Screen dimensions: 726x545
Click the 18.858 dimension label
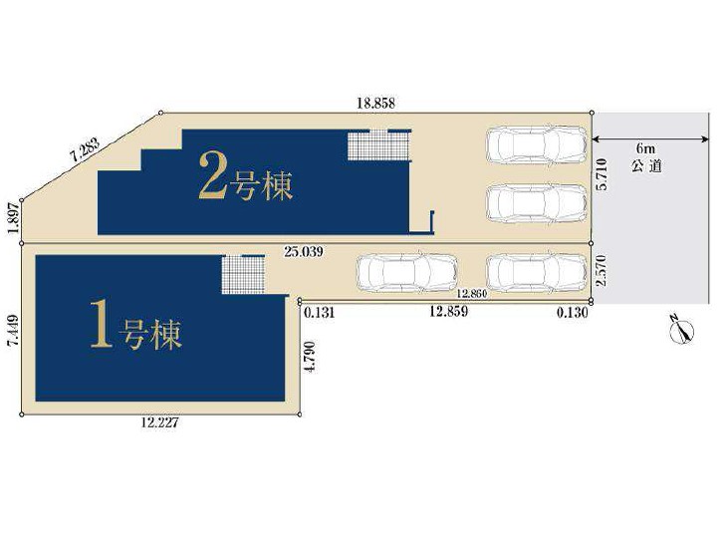[x=376, y=103]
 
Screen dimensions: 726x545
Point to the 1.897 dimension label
[x=13, y=218]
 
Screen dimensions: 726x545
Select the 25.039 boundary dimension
[x=304, y=252]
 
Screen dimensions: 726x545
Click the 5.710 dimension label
[x=602, y=173]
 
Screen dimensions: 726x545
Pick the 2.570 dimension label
[x=602, y=271]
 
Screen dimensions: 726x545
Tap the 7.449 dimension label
[x=13, y=331]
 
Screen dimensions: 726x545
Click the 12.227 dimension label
[x=159, y=422]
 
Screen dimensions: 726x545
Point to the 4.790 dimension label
[x=310, y=357]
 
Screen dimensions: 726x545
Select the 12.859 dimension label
[x=449, y=312]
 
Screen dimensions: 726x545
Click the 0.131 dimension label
[x=319, y=313]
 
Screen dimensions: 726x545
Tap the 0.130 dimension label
[x=573, y=313]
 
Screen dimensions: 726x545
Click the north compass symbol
[x=682, y=330]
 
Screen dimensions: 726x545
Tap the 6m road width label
[x=646, y=149]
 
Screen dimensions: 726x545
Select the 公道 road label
[x=646, y=165]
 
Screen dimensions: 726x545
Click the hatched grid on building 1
[x=243, y=275]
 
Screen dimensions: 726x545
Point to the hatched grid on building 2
[x=378, y=145]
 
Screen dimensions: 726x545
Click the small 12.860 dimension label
[x=471, y=294]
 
